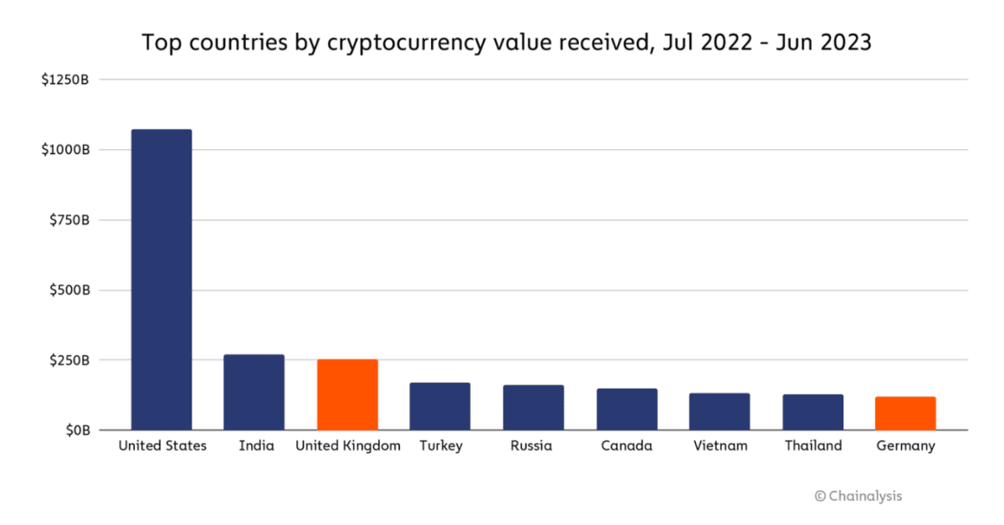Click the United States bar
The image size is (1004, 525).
point(161,280)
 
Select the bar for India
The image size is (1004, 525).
point(254,393)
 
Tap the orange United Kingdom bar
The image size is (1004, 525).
point(347,395)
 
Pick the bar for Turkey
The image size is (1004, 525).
point(440,407)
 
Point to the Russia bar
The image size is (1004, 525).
point(533,408)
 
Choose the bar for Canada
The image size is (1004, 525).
point(627,409)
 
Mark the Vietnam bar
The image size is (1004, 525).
point(720,412)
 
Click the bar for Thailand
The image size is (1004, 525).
point(812,412)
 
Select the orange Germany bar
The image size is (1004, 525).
point(905,414)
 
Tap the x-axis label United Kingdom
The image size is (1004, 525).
point(347,446)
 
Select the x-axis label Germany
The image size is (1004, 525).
point(905,446)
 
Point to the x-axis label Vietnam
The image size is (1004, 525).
point(720,446)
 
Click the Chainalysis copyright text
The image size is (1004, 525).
point(858,497)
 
